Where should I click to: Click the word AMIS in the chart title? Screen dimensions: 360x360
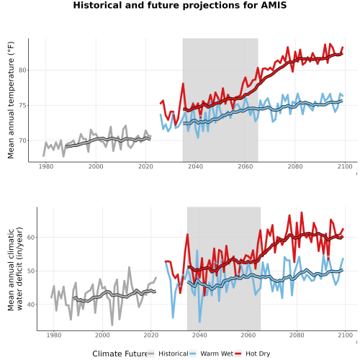point(274,5)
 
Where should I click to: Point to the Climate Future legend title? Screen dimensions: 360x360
point(120,354)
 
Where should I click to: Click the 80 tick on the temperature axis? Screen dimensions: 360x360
point(22,71)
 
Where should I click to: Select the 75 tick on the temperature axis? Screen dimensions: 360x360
point(22,105)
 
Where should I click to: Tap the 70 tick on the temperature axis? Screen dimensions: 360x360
point(22,140)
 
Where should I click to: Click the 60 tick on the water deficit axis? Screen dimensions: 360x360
point(31,237)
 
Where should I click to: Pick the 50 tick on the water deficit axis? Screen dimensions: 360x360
point(31,271)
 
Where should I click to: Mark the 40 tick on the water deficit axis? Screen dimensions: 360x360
point(31,305)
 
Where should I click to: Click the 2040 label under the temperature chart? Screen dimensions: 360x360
point(195,166)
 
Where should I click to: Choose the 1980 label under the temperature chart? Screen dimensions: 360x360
point(46,166)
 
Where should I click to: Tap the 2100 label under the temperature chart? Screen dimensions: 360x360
point(345,166)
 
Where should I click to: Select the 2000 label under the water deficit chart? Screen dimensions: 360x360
point(102,335)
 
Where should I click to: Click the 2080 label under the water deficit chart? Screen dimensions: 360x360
point(297,335)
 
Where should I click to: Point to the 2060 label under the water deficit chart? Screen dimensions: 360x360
point(248,335)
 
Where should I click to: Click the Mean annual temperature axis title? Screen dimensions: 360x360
point(11,100)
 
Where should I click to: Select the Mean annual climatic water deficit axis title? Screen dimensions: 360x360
point(15,269)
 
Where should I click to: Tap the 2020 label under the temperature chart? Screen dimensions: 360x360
point(145,166)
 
